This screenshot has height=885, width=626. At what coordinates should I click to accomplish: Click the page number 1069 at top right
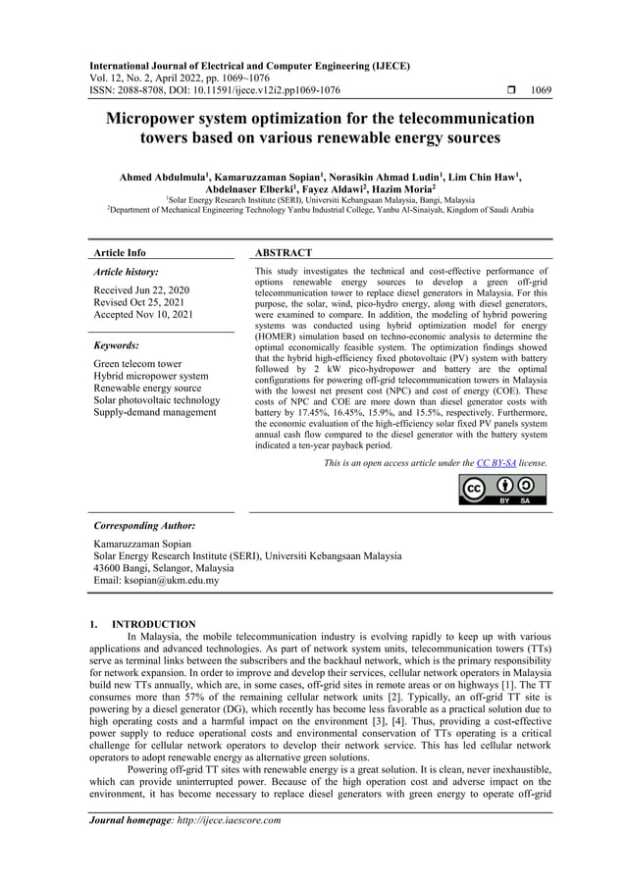[x=541, y=90]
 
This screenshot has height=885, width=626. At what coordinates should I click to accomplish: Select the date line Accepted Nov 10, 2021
[x=142, y=314]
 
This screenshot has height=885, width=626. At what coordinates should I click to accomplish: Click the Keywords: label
[x=116, y=345]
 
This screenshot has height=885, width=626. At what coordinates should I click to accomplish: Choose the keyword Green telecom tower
[x=136, y=364]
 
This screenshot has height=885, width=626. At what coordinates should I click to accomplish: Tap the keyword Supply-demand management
[x=154, y=412]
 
